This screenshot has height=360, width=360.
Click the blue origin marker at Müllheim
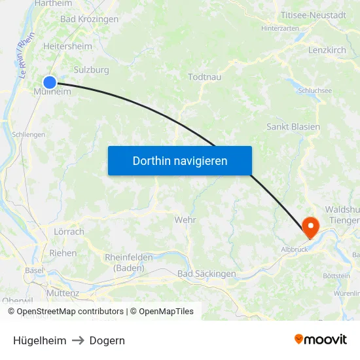click(x=49, y=82)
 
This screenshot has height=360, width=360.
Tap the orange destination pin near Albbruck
click(x=310, y=227)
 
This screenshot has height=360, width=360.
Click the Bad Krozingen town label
click(x=89, y=19)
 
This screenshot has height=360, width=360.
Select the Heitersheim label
click(x=67, y=46)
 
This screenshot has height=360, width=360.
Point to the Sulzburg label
click(x=92, y=69)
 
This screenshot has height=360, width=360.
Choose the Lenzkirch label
click(x=327, y=50)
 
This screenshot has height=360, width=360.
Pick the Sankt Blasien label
click(x=293, y=126)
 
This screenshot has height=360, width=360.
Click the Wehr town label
click(x=185, y=220)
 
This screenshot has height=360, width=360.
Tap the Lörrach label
click(x=69, y=232)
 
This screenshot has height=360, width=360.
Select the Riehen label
click(x=63, y=253)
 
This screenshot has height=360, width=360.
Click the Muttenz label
click(x=63, y=276)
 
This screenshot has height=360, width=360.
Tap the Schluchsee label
click(x=315, y=91)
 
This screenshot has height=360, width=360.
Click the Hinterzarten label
click(x=280, y=29)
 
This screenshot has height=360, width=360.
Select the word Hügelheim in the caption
click(x=39, y=340)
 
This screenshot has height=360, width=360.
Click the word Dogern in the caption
click(x=107, y=340)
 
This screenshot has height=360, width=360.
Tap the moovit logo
click(x=321, y=339)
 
